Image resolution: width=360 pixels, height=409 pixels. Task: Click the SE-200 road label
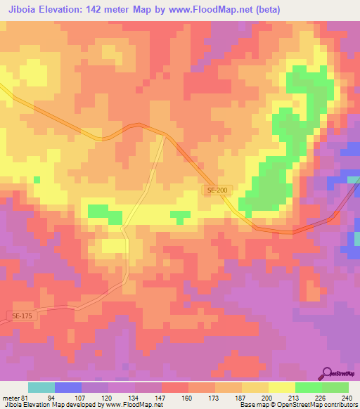[217, 190]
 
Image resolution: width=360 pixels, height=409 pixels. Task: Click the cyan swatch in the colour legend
[41, 387]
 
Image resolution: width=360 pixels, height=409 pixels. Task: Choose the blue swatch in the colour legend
[68, 387]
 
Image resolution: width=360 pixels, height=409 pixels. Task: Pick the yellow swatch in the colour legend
[282, 387]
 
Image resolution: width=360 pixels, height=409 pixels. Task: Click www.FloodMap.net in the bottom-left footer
[134, 405]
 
